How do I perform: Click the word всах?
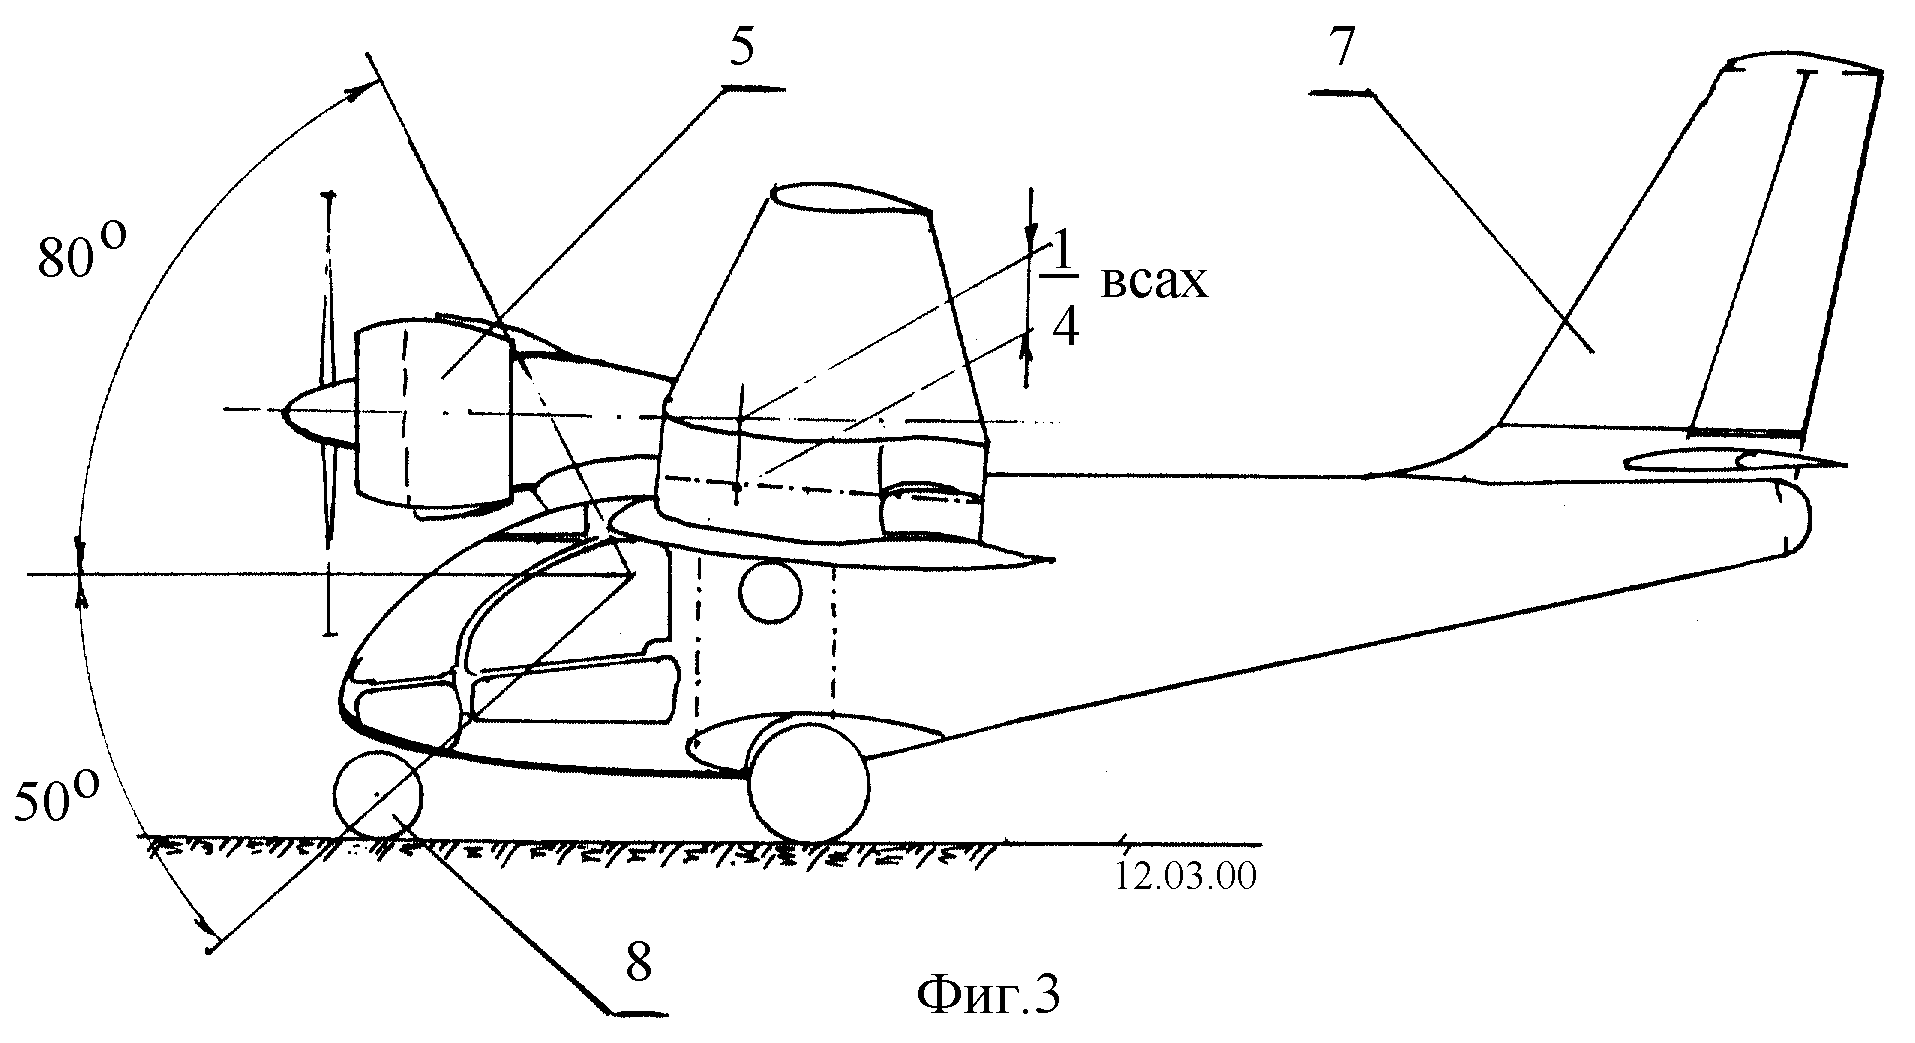(x=1155, y=283)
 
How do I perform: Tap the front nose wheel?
(x=377, y=794)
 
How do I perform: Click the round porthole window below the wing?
(x=770, y=593)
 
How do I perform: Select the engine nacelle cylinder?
(x=435, y=413)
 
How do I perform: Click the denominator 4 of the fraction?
(x=1066, y=328)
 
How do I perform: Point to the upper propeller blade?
(x=326, y=290)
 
